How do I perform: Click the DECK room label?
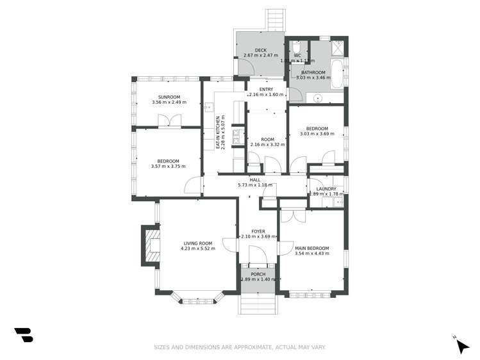pyautogui.click(x=260, y=49)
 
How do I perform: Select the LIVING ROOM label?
pyautogui.click(x=197, y=243)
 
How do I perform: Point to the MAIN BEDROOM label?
pyautogui.click(x=312, y=248)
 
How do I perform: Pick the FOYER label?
pyautogui.click(x=258, y=231)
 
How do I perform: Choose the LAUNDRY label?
pyautogui.click(x=326, y=189)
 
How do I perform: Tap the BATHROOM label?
pyautogui.click(x=313, y=72)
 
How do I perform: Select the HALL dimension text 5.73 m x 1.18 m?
pyautogui.click(x=255, y=185)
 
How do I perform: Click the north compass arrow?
pyautogui.click(x=461, y=346)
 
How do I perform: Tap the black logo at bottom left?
pyautogui.click(x=24, y=334)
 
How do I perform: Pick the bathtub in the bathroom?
pyautogui.click(x=336, y=74)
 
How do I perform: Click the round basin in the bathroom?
pyautogui.click(x=317, y=98)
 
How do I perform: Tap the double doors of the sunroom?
pyautogui.click(x=170, y=119)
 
